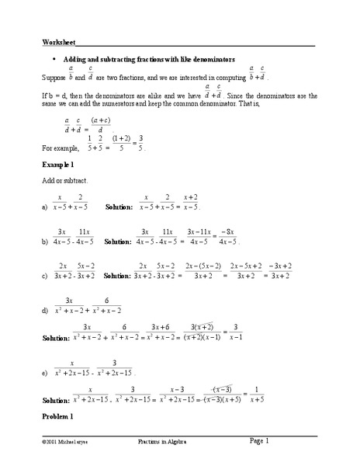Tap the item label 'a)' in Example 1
pos(46,208)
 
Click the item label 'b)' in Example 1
pos(46,242)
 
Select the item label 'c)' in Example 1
pos(46,276)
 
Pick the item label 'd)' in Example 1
pos(46,311)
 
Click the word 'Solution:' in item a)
pos(120,208)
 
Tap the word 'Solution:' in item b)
pos(119,242)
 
